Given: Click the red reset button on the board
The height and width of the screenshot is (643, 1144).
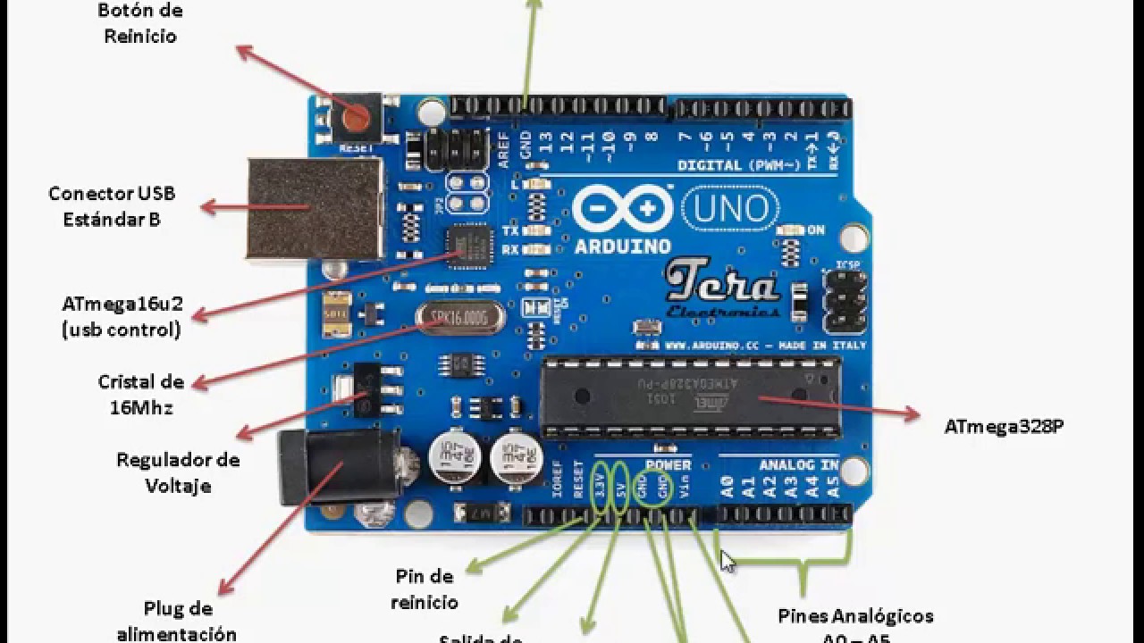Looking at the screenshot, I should (357, 117).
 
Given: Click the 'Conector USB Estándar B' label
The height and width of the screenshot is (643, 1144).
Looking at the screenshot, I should (112, 205).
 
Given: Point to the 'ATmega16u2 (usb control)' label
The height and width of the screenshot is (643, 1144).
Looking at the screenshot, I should (122, 316).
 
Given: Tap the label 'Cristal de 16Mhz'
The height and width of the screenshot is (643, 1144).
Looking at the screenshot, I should (140, 395).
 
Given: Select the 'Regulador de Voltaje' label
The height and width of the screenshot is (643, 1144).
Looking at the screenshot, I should (178, 472).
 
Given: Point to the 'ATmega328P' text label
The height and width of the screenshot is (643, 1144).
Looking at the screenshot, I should (1004, 427).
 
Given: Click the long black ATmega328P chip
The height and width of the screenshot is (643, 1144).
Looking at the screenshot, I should (690, 397).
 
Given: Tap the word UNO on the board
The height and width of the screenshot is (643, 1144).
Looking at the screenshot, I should (730, 208).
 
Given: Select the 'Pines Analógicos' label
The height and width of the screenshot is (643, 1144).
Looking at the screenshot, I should (855, 616).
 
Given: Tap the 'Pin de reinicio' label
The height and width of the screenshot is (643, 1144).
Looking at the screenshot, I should (425, 589).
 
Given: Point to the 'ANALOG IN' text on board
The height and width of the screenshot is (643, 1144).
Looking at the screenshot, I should (798, 465).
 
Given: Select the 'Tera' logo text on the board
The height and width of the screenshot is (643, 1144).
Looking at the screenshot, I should (722, 285).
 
